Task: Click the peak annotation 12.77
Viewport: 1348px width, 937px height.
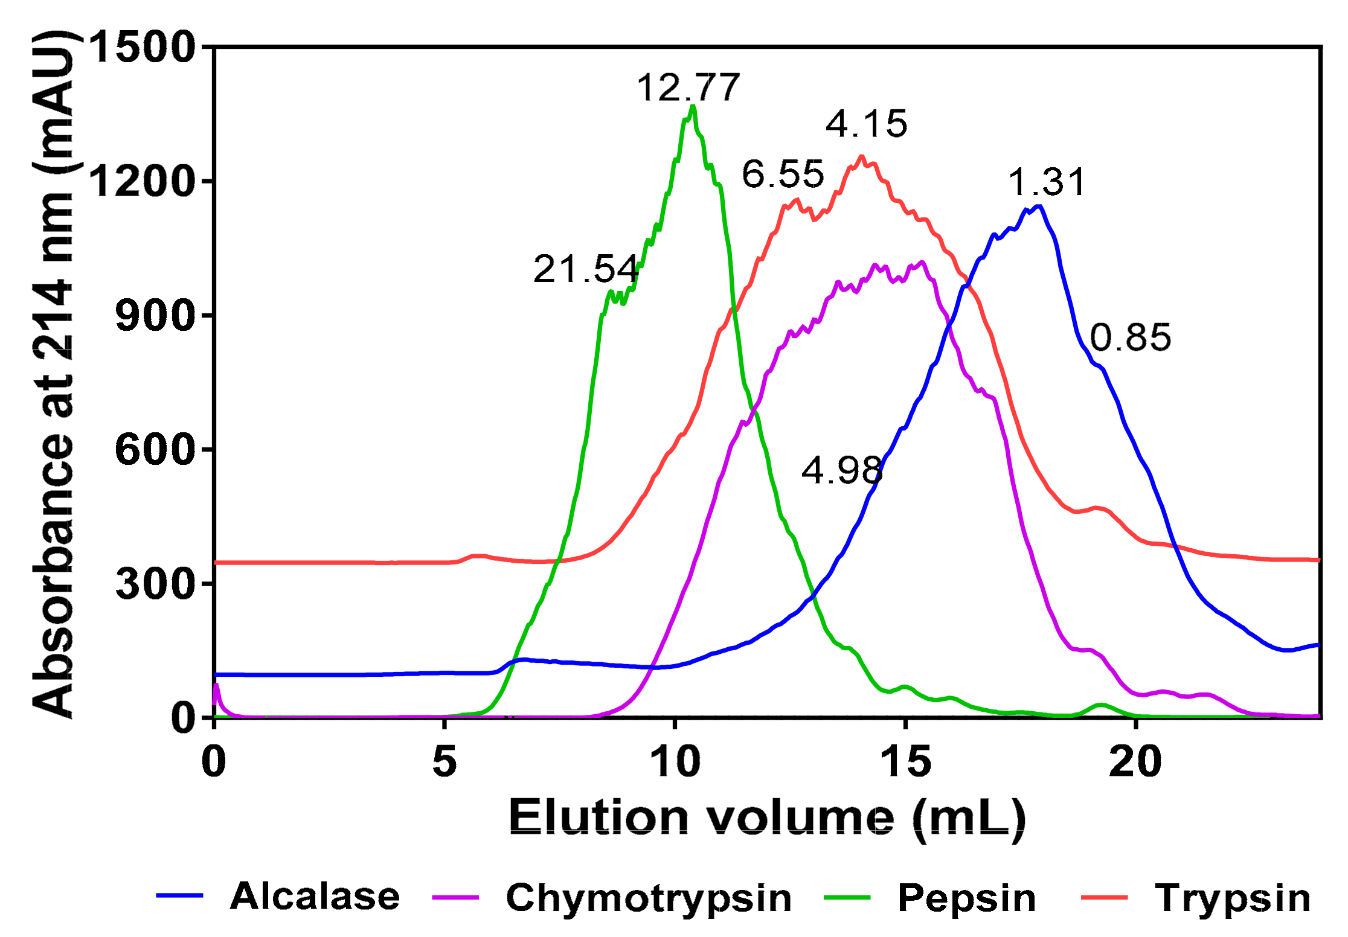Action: click(688, 88)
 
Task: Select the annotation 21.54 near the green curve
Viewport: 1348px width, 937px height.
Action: click(585, 269)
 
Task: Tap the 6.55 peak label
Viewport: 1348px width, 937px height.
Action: click(783, 174)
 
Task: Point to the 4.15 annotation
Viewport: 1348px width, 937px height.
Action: click(866, 124)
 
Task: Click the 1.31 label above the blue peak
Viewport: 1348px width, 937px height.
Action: click(1047, 182)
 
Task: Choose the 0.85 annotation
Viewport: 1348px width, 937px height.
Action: click(1131, 337)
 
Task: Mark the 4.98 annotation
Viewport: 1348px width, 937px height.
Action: click(842, 470)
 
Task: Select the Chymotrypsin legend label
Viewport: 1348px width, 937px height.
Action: click(649, 898)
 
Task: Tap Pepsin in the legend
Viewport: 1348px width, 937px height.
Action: click(967, 898)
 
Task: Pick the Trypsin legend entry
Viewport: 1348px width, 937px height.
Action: click(1233, 898)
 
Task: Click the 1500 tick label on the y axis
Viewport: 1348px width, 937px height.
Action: click(143, 47)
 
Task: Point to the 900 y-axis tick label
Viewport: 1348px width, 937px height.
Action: click(155, 315)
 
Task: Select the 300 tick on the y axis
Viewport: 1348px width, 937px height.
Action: click(155, 584)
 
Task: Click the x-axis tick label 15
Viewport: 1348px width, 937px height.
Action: click(905, 762)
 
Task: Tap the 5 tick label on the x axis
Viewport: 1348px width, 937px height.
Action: click(445, 762)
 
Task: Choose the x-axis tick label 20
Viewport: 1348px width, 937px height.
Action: click(1135, 762)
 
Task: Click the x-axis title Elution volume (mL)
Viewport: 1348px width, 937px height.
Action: click(767, 818)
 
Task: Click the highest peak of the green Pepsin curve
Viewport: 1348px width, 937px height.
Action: click(693, 106)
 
